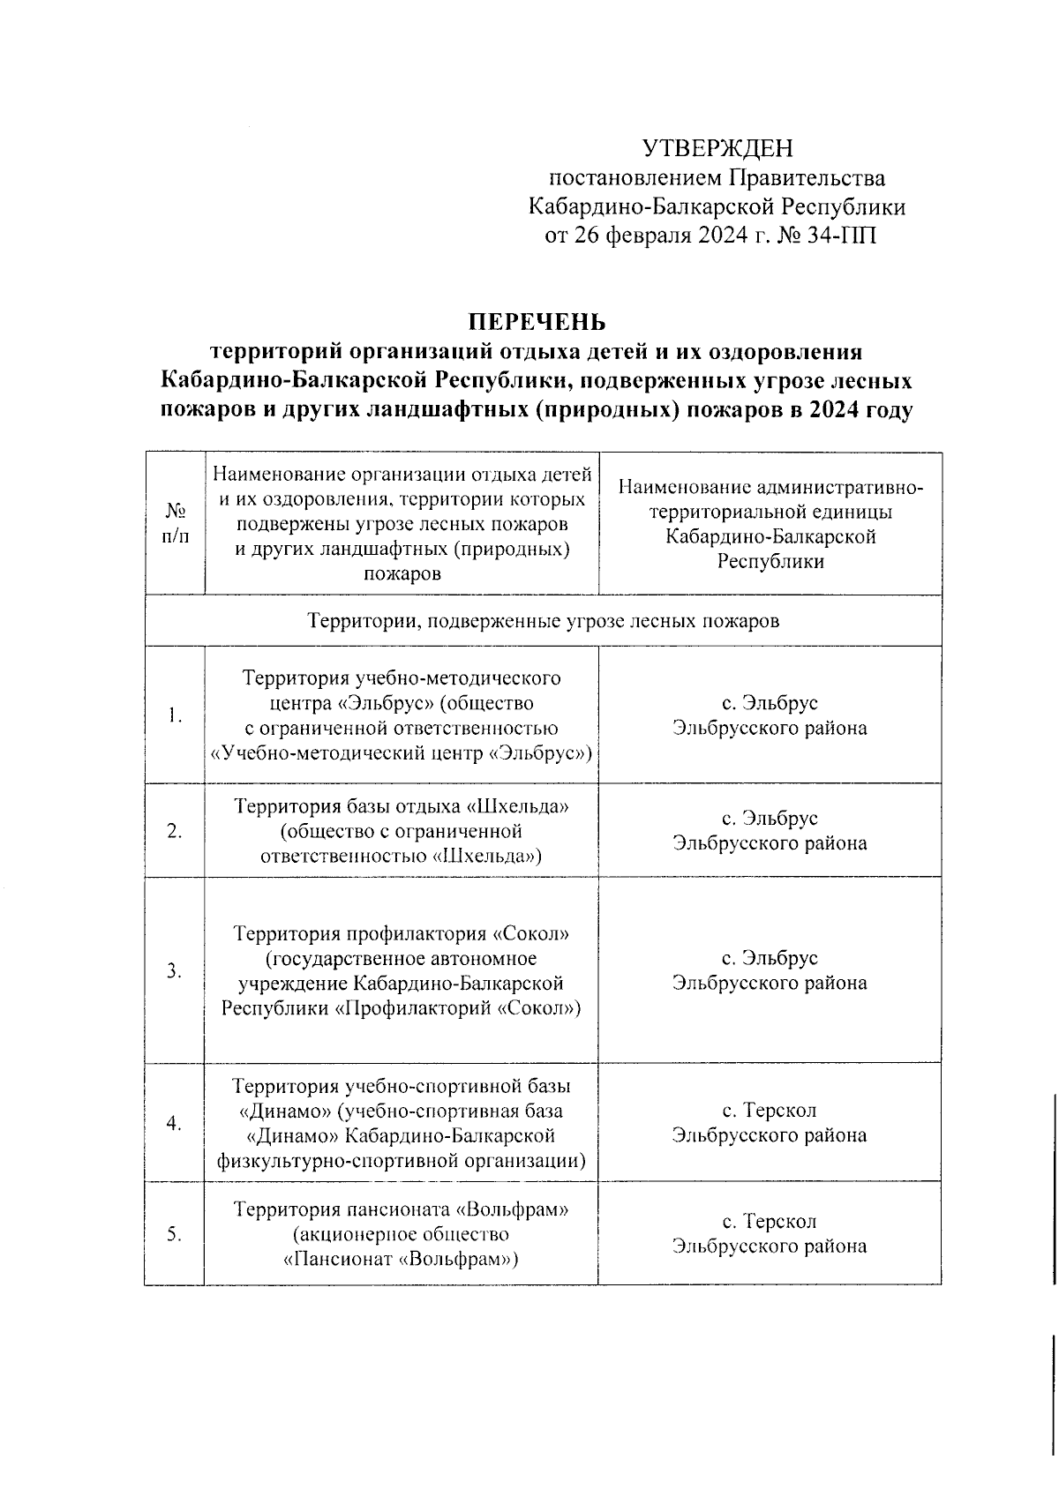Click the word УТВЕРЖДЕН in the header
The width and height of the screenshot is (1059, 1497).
click(x=717, y=147)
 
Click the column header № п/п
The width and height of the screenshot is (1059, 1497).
click(x=175, y=524)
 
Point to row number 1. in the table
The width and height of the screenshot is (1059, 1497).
click(x=175, y=715)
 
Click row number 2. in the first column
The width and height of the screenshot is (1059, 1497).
click(x=175, y=831)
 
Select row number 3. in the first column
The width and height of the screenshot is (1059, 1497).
click(x=175, y=971)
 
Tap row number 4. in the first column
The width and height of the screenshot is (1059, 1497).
click(x=175, y=1123)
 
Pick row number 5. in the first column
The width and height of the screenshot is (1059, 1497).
click(x=175, y=1234)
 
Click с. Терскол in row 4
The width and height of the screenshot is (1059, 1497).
click(x=770, y=1111)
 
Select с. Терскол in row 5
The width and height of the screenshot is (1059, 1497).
click(x=770, y=1222)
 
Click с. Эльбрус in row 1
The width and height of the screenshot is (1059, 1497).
click(x=770, y=703)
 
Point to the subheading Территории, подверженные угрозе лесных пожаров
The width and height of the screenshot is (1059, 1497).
click(x=543, y=621)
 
